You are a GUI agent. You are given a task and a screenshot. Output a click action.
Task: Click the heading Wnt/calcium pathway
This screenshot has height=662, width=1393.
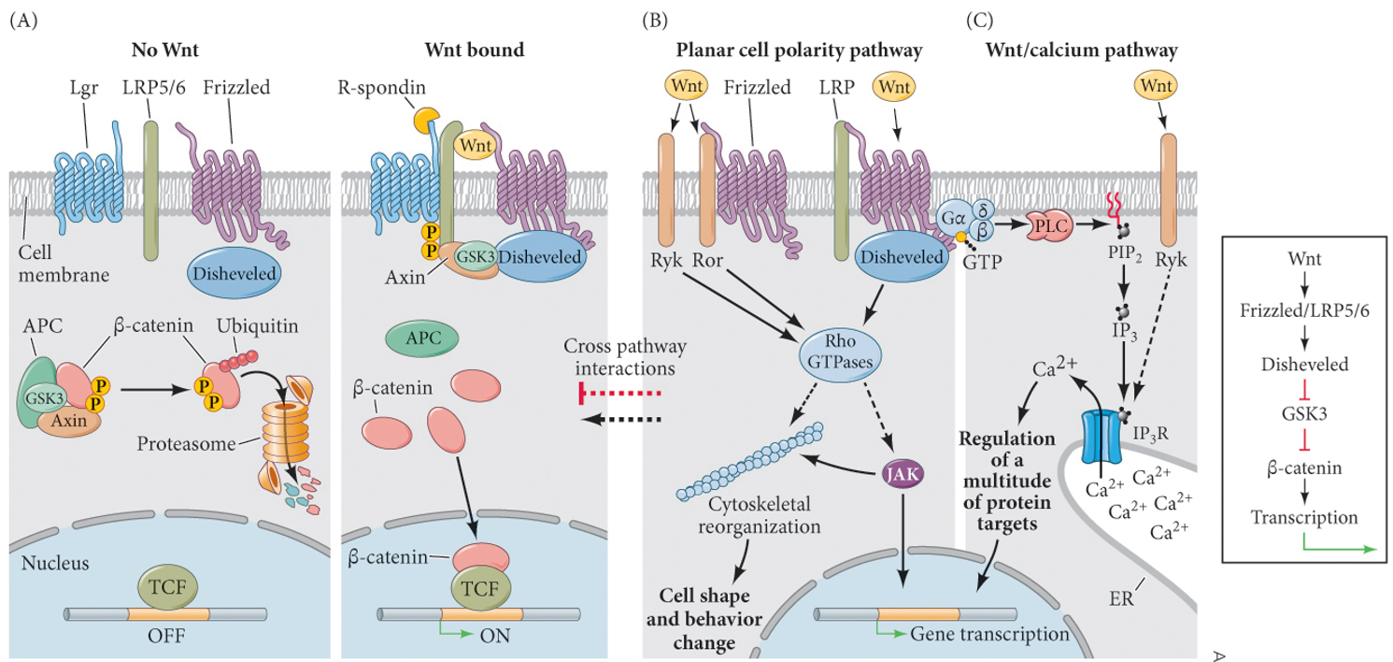(x=1081, y=50)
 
